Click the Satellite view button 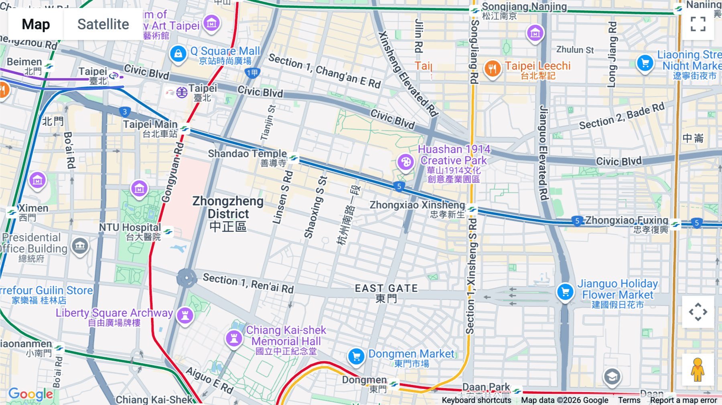point(103,24)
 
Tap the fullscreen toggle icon point(698,24)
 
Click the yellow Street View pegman point(698,369)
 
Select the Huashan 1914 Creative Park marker point(406,162)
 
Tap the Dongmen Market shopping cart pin point(356,356)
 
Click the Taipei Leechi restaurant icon point(493,69)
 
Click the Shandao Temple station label point(247,154)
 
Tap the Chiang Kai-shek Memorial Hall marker point(234,338)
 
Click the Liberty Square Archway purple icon point(185,315)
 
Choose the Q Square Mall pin point(178,53)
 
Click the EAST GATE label point(386,289)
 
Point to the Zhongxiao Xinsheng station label point(417,205)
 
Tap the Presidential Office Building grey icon point(80,245)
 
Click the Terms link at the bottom point(629,400)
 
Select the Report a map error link point(683,400)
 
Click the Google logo point(30,394)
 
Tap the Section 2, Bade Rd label point(622,116)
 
